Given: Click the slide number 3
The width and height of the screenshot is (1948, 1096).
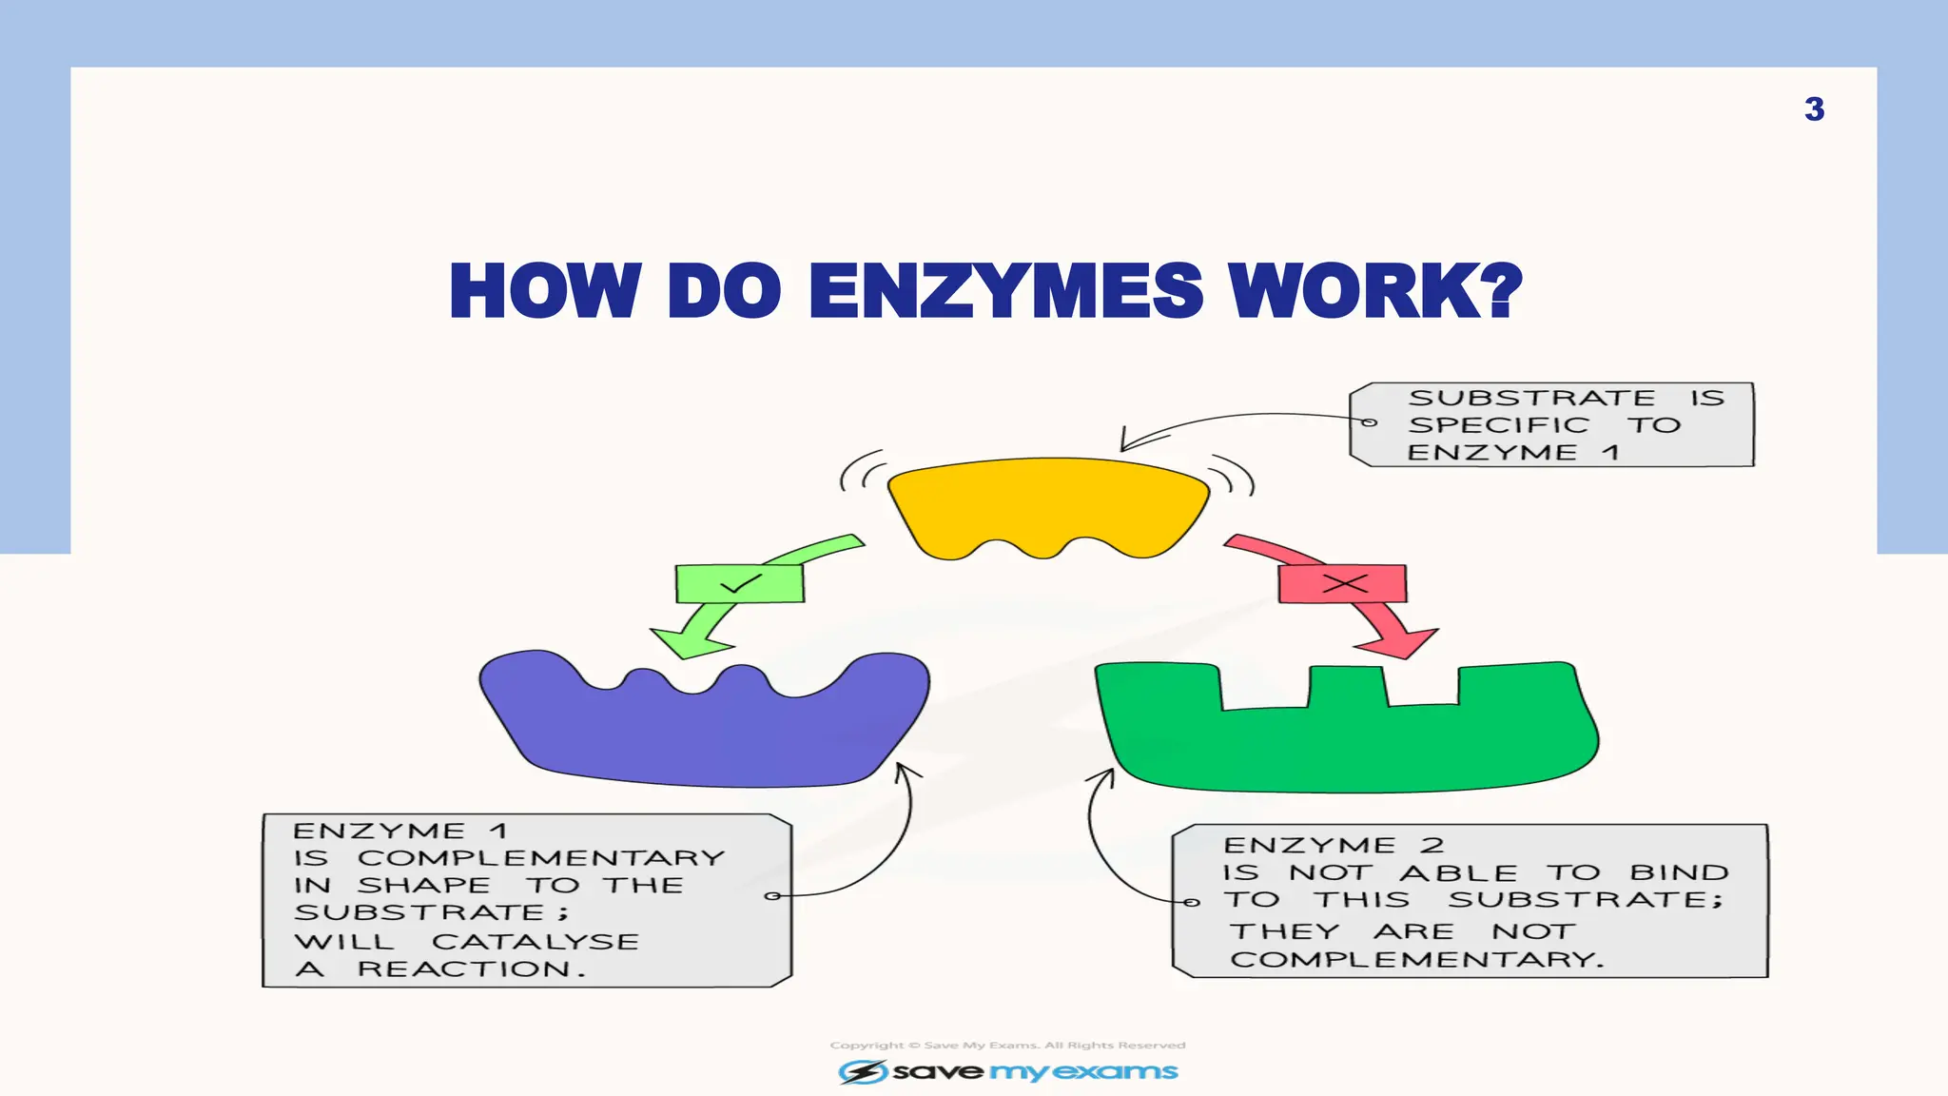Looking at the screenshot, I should [x=1814, y=109].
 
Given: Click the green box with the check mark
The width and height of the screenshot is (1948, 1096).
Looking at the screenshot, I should [x=739, y=583].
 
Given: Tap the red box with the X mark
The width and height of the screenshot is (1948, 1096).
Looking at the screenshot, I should [x=1342, y=583].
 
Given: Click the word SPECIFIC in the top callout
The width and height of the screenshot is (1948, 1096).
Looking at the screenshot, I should [x=1498, y=425].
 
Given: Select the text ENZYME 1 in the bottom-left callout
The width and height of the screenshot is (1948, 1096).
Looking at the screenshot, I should [x=399, y=832].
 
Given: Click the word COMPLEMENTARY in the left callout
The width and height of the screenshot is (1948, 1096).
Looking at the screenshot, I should [x=540, y=858].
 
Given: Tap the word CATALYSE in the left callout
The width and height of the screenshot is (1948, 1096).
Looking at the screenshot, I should [x=536, y=942].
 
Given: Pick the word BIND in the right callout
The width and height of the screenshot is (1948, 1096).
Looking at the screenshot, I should [x=1679, y=872].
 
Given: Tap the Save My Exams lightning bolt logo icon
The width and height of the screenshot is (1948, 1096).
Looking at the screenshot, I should [x=862, y=1072].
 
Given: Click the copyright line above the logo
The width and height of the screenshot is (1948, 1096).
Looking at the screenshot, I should [x=1007, y=1045].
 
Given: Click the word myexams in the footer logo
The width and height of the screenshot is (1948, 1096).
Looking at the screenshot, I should [x=1083, y=1072].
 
